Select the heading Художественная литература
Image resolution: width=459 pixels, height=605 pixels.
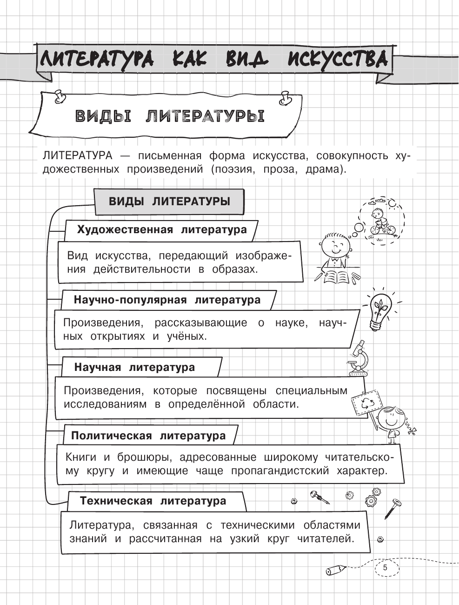coord(161,230)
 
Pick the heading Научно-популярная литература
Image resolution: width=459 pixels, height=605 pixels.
coord(167,300)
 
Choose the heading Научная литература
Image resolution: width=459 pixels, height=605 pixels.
coord(134,367)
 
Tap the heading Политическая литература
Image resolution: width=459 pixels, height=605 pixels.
coord(148,436)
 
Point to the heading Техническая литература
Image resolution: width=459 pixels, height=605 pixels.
coord(153,501)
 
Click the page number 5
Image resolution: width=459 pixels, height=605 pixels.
coord(385,568)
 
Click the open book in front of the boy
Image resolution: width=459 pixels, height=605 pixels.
coord(336,277)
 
